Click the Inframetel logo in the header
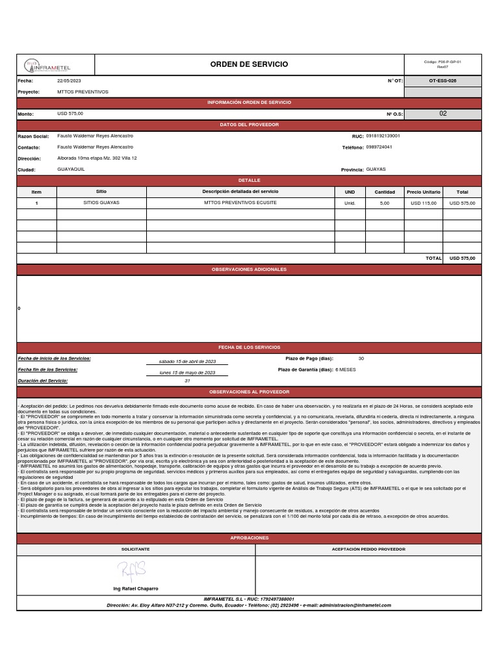point(48,65)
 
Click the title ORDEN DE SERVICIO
point(249,64)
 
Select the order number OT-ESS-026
point(443,81)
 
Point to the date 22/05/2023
point(70,81)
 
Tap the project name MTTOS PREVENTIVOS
point(83,92)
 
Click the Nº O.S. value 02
point(443,114)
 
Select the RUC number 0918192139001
point(383,136)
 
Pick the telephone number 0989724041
point(379,147)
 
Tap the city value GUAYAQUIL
point(71,169)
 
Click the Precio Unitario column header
point(424,192)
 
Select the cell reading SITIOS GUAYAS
point(101,203)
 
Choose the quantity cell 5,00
point(385,203)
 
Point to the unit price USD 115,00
point(424,203)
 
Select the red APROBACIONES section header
point(249,538)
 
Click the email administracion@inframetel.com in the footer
point(356,605)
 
